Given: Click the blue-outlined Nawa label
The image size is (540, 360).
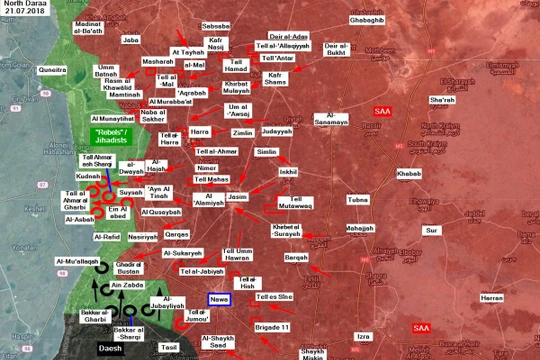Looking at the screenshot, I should coord(220,299).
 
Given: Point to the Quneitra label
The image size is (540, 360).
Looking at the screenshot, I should coord(53,72).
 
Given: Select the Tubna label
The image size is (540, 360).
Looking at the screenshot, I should coord(357,200).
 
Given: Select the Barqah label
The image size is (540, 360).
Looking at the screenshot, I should coord(297,257).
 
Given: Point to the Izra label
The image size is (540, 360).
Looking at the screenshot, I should coord(364,336).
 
